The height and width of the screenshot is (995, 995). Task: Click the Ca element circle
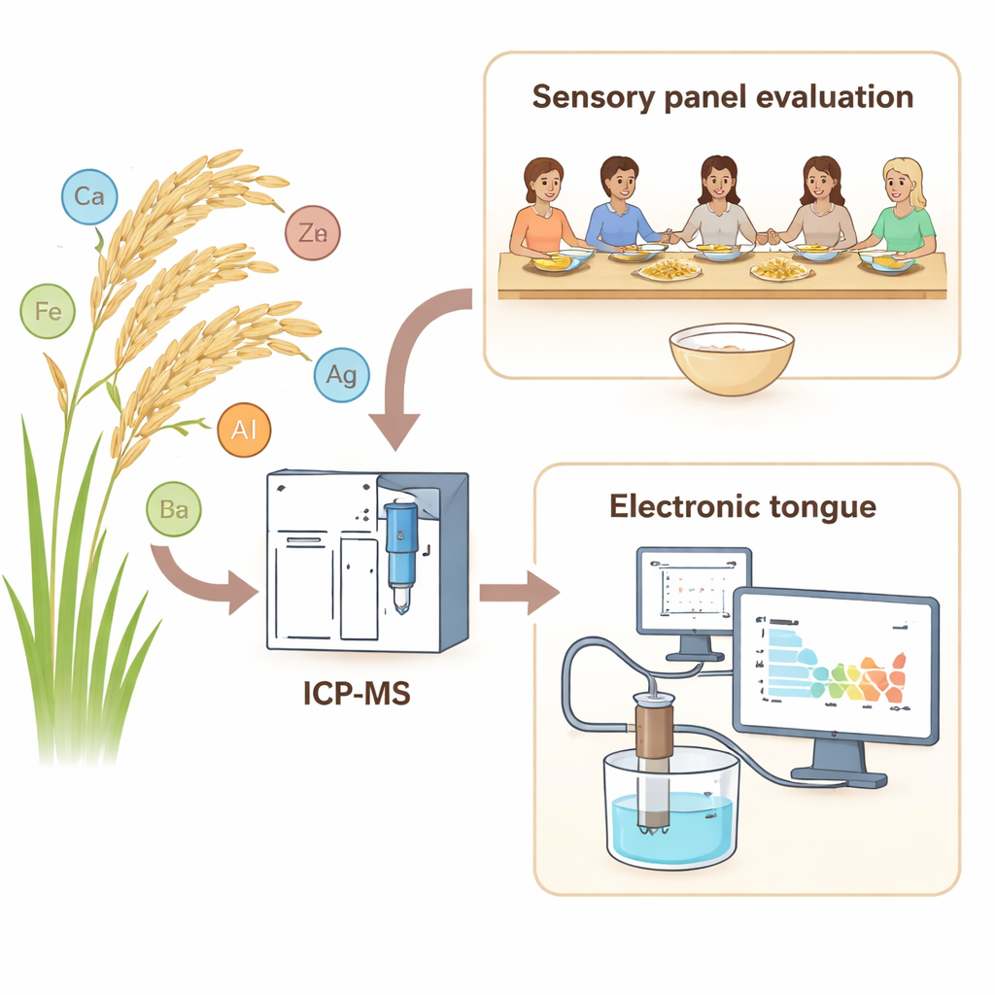[x=89, y=197]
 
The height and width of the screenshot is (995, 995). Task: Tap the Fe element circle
[x=48, y=311]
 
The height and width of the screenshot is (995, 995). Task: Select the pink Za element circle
[x=313, y=233]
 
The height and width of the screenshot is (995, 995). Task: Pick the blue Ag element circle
[x=341, y=374]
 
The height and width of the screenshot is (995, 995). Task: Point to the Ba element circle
[x=174, y=508]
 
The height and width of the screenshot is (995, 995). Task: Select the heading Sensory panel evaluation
[x=721, y=97]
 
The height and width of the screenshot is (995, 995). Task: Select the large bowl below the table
[x=731, y=358]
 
